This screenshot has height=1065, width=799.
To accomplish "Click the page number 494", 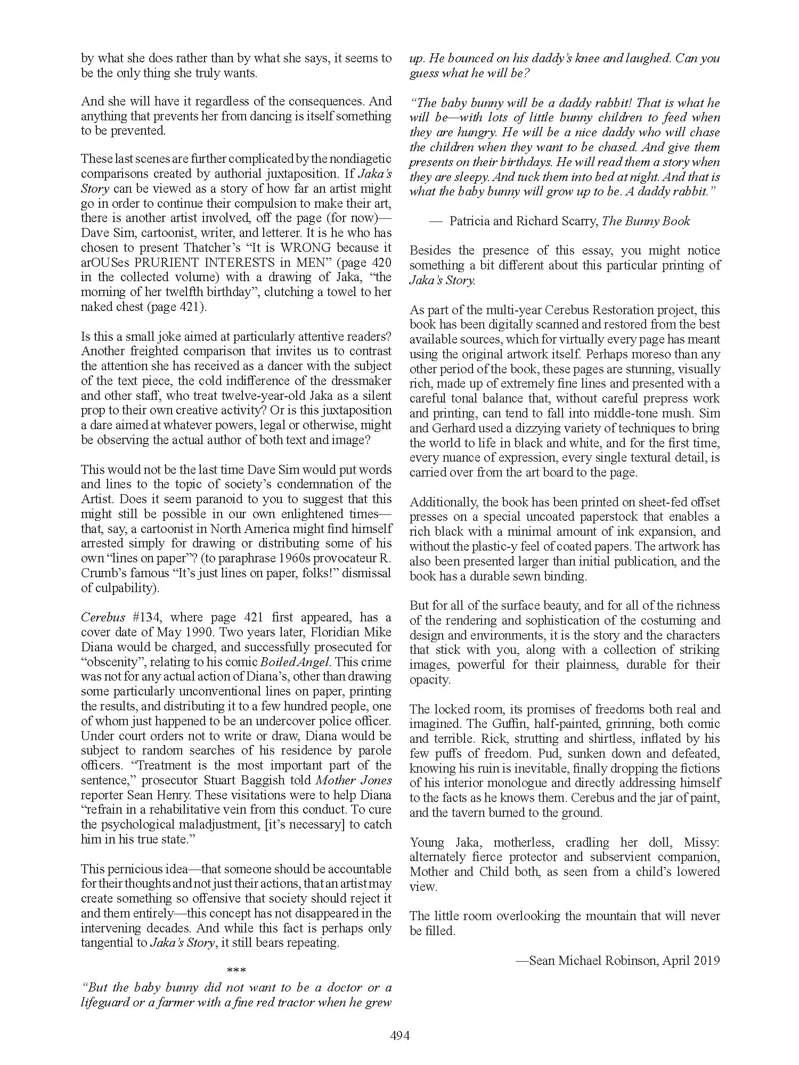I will pos(399,1036).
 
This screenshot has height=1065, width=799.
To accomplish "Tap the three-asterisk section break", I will pos(236,970).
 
